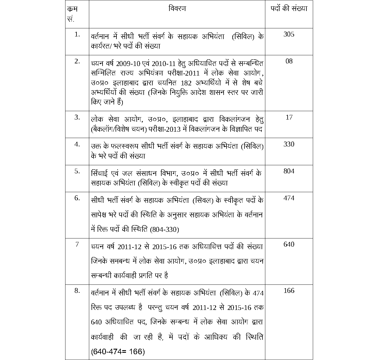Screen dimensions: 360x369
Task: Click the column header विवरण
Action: (x=177, y=8)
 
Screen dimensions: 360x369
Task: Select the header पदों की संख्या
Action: (x=289, y=9)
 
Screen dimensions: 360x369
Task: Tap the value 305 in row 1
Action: (x=289, y=34)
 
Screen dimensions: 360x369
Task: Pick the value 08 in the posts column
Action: (x=289, y=61)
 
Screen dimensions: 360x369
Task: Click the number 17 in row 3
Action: (x=289, y=117)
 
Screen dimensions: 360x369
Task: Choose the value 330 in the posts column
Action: (x=289, y=144)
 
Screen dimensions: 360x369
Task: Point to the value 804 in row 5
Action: (x=289, y=171)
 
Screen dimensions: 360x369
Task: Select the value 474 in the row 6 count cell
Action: (x=289, y=198)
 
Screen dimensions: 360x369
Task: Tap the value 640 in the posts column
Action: (x=289, y=244)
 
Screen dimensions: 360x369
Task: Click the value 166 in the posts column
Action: (x=289, y=291)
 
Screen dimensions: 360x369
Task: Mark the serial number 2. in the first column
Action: (x=77, y=61)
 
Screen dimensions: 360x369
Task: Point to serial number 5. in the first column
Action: (x=77, y=171)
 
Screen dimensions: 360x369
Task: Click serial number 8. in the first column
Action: (x=77, y=291)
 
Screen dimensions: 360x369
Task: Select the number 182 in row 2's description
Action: (x=186, y=83)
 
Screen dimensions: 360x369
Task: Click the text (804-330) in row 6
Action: (x=164, y=229)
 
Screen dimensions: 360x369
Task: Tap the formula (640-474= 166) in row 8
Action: (x=118, y=352)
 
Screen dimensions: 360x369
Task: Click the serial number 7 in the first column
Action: (x=77, y=244)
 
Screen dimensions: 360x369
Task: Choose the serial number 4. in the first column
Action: (x=77, y=144)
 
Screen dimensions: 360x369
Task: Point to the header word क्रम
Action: (x=72, y=9)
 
